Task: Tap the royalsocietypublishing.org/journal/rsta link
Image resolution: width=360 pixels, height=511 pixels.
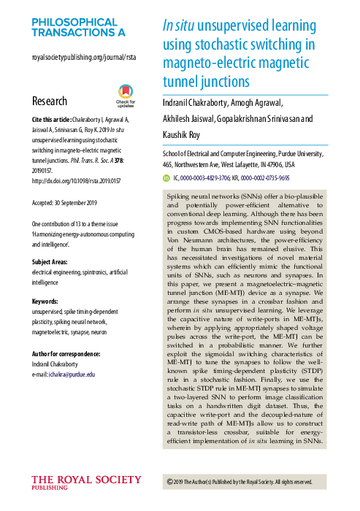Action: (84, 56)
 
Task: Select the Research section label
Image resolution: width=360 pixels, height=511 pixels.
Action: (50, 101)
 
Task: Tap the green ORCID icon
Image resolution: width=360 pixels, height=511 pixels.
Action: (165, 177)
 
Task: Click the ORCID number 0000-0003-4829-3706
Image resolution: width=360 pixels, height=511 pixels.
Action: (206, 177)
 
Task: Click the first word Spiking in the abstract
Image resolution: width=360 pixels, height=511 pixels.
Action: (182, 198)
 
